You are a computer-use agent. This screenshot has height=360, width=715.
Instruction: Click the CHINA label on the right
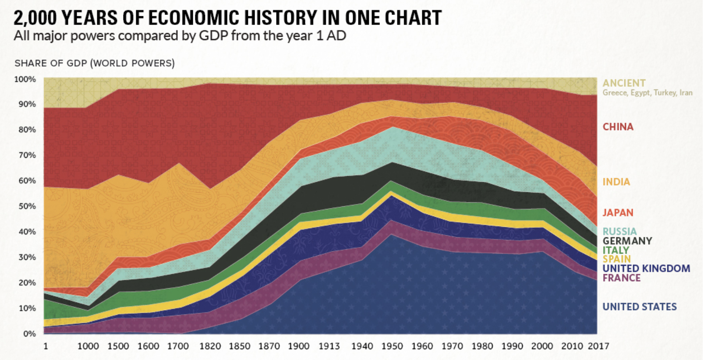click(x=618, y=127)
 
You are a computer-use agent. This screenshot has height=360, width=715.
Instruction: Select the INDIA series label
click(x=616, y=182)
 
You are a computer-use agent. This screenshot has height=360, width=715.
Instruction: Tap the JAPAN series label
click(x=618, y=213)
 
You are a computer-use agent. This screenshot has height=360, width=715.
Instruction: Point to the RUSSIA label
click(x=619, y=231)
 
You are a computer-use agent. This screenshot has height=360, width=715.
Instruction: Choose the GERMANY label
click(x=627, y=241)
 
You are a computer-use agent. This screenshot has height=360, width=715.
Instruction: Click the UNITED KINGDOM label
click(x=646, y=268)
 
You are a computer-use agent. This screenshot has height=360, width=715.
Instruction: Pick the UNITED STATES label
click(x=639, y=307)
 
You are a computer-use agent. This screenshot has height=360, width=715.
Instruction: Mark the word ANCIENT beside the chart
click(x=624, y=83)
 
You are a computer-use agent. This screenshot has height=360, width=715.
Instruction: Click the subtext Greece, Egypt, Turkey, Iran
click(x=647, y=93)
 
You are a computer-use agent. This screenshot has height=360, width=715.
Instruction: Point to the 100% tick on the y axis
click(x=25, y=79)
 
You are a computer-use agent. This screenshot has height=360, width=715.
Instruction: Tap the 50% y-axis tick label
click(x=27, y=206)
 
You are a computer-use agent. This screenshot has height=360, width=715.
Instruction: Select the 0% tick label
click(x=29, y=334)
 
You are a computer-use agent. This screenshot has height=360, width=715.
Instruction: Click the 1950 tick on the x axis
click(x=392, y=346)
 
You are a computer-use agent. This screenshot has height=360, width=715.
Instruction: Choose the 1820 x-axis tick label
click(x=210, y=346)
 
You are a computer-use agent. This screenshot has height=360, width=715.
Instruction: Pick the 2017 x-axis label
click(x=598, y=346)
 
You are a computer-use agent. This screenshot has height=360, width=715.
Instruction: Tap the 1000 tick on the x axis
click(x=88, y=346)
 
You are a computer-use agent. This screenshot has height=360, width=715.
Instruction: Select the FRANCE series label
click(x=621, y=278)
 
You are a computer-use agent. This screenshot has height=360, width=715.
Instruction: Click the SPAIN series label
click(x=616, y=259)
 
